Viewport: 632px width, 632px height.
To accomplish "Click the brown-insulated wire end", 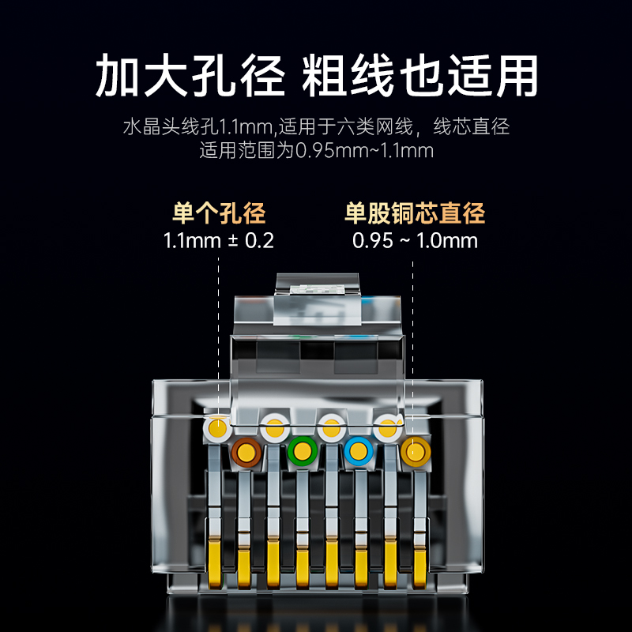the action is (x=246, y=453).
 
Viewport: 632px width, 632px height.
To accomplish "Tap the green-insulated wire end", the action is (x=303, y=451).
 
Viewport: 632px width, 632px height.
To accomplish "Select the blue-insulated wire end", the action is (x=359, y=451).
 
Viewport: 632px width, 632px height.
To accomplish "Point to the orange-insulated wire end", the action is (x=416, y=452).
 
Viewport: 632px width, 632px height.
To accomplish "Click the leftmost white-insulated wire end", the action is (x=218, y=428).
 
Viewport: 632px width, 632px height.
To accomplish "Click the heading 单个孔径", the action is (x=219, y=213).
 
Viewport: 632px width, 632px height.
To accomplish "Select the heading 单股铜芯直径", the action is (x=415, y=213).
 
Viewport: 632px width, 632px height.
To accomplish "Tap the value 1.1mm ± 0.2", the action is (x=219, y=241).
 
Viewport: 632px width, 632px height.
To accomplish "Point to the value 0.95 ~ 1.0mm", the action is (x=415, y=241).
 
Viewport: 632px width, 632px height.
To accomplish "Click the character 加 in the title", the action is (x=117, y=75).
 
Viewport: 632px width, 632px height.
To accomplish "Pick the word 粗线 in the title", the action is (x=348, y=75).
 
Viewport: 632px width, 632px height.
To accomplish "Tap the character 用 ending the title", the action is (x=516, y=75).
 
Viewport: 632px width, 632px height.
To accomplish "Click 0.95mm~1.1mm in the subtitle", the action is (x=365, y=151).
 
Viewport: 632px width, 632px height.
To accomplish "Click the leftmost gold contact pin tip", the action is (x=214, y=565).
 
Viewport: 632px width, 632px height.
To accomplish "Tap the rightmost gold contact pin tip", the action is (x=419, y=565).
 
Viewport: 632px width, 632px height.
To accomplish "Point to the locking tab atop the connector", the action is (x=318, y=299).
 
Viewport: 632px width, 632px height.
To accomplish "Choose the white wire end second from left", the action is (x=275, y=428).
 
